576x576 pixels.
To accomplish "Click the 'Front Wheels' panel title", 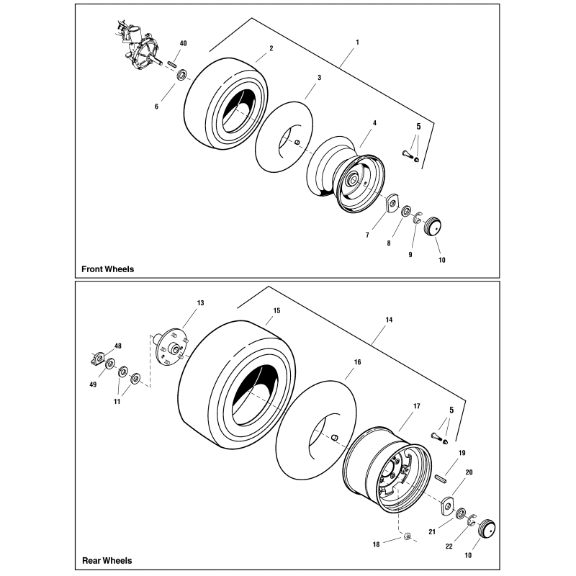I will click(107, 269).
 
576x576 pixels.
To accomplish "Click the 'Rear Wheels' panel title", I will click(106, 560).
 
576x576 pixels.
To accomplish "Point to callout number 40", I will click(184, 44).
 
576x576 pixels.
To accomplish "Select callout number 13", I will click(200, 303).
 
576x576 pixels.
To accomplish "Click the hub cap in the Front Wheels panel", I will click(433, 225).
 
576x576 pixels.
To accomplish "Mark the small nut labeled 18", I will click(407, 536).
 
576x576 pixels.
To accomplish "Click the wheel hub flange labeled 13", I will click(171, 346).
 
